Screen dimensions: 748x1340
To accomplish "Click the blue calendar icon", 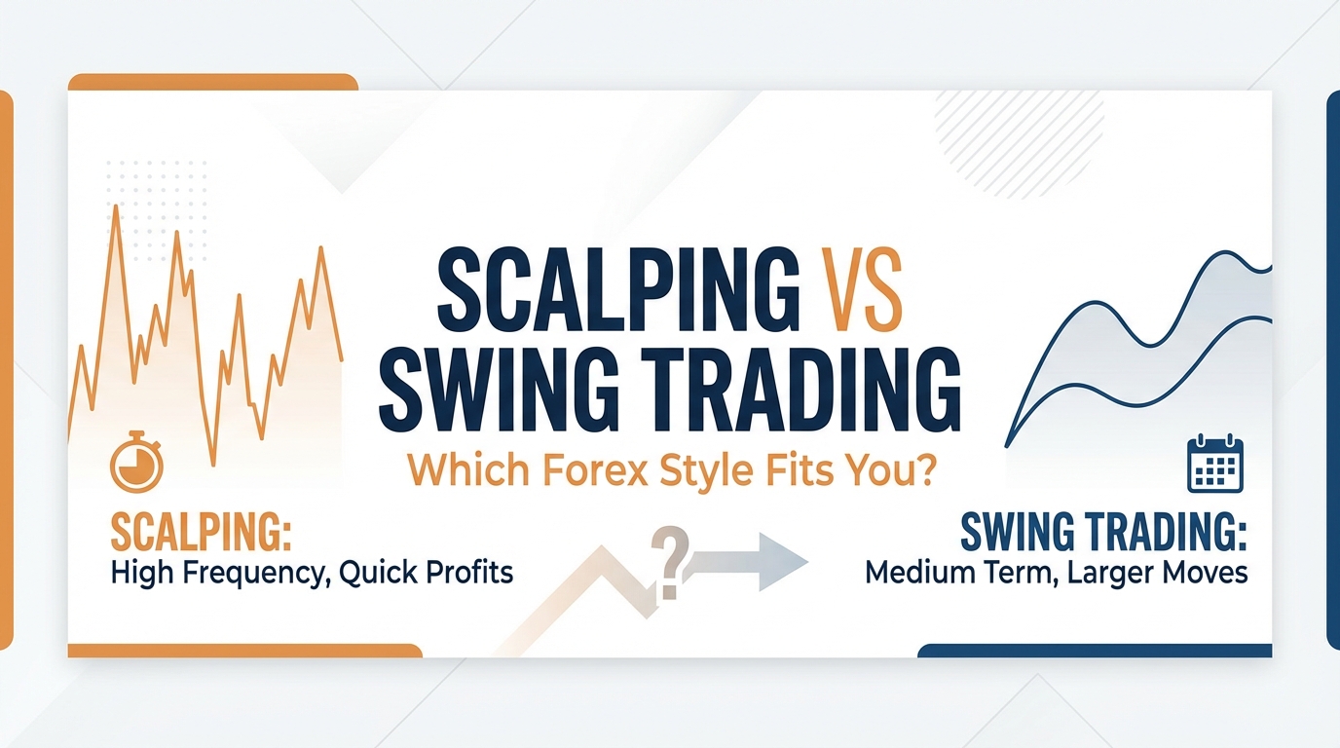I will [1210, 466].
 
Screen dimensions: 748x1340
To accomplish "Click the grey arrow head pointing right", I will [783, 561].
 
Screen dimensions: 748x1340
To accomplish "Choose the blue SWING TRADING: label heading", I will [1103, 533].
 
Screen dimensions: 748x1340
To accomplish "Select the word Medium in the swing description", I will [923, 572].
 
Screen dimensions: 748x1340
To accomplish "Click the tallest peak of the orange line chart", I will [116, 208].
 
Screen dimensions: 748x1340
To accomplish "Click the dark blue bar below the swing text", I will [1095, 650].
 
